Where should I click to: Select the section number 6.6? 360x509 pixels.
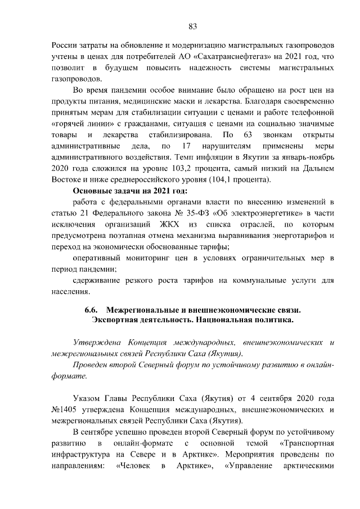92,309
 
